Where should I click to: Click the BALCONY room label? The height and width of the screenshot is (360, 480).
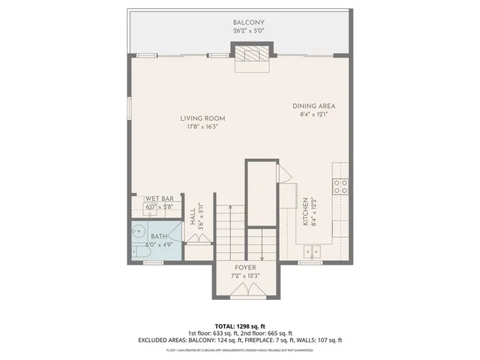click(248, 22)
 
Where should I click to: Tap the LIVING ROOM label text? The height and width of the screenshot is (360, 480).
click(202, 118)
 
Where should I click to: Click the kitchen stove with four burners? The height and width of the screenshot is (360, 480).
click(341, 186)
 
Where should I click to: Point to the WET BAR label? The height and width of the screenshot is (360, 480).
click(159, 199)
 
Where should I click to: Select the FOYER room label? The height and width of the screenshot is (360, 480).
click(246, 268)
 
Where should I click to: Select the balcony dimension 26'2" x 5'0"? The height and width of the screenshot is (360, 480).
click(248, 31)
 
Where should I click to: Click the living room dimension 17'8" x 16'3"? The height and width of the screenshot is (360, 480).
click(202, 127)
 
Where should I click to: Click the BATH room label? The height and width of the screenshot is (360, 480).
click(159, 235)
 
